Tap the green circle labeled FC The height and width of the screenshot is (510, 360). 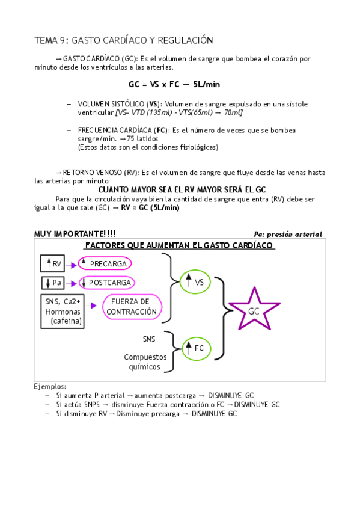[195, 347]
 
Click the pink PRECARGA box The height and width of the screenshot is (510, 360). [105, 263]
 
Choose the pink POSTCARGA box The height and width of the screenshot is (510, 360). [106, 283]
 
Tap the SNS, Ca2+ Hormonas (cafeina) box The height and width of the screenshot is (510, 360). [63, 311]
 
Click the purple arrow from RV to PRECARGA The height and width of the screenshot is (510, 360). [73, 265]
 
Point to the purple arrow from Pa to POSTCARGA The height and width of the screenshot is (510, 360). [73, 283]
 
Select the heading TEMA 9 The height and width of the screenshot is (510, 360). [124, 40]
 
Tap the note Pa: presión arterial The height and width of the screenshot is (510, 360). [288, 235]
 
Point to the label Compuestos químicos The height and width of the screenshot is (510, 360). [142, 361]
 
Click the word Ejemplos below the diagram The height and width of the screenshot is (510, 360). [50, 386]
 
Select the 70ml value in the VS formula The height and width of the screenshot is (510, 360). [233, 112]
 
